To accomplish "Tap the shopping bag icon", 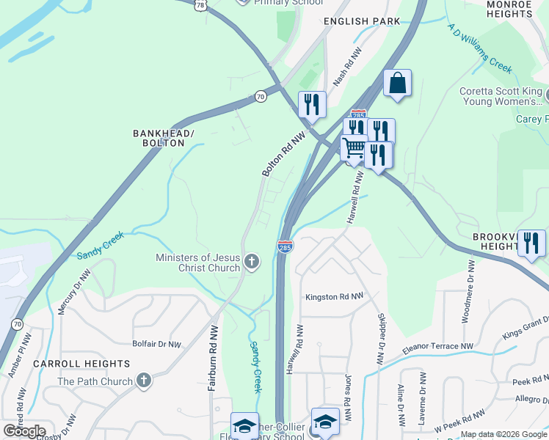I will pyautogui.click(x=397, y=84).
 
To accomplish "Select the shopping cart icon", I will pyautogui.click(x=354, y=148).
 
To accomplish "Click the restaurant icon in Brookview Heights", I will pyautogui.click(x=531, y=243).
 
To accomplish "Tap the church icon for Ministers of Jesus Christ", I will pyautogui.click(x=252, y=262).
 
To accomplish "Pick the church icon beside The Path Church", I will pyautogui.click(x=144, y=381).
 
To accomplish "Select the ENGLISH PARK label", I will pyautogui.click(x=363, y=21).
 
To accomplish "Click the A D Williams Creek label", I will pyautogui.click(x=479, y=48).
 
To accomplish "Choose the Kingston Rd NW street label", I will pyautogui.click(x=334, y=297).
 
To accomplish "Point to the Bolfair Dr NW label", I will pyautogui.click(x=156, y=344).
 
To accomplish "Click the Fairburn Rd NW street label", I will pyautogui.click(x=212, y=358).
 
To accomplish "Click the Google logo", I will pyautogui.click(x=24, y=431).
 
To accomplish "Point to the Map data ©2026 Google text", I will pyautogui.click(x=503, y=434).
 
